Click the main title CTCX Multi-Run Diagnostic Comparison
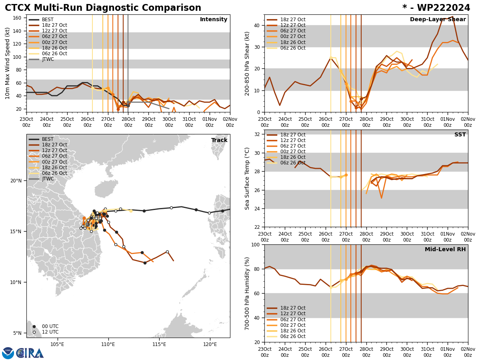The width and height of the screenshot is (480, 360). click(103, 8)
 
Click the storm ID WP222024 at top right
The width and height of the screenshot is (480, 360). click(436, 8)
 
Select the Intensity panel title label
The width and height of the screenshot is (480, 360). click(214, 20)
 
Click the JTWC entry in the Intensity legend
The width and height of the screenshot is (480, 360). click(48, 59)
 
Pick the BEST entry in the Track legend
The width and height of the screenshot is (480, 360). click(48, 139)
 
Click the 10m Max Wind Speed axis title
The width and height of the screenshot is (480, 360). click(8, 63)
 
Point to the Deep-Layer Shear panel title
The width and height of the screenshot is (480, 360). click(438, 20)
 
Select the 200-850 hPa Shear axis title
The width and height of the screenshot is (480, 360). click(247, 63)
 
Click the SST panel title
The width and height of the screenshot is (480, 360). click(460, 135)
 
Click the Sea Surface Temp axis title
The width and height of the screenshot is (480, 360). click(247, 178)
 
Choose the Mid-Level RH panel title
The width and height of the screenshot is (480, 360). click(445, 250)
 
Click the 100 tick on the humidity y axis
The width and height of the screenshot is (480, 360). click(255, 244)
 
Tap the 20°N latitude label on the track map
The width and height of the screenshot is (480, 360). click(16, 181)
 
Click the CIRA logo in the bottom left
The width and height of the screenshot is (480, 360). click(23, 353)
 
